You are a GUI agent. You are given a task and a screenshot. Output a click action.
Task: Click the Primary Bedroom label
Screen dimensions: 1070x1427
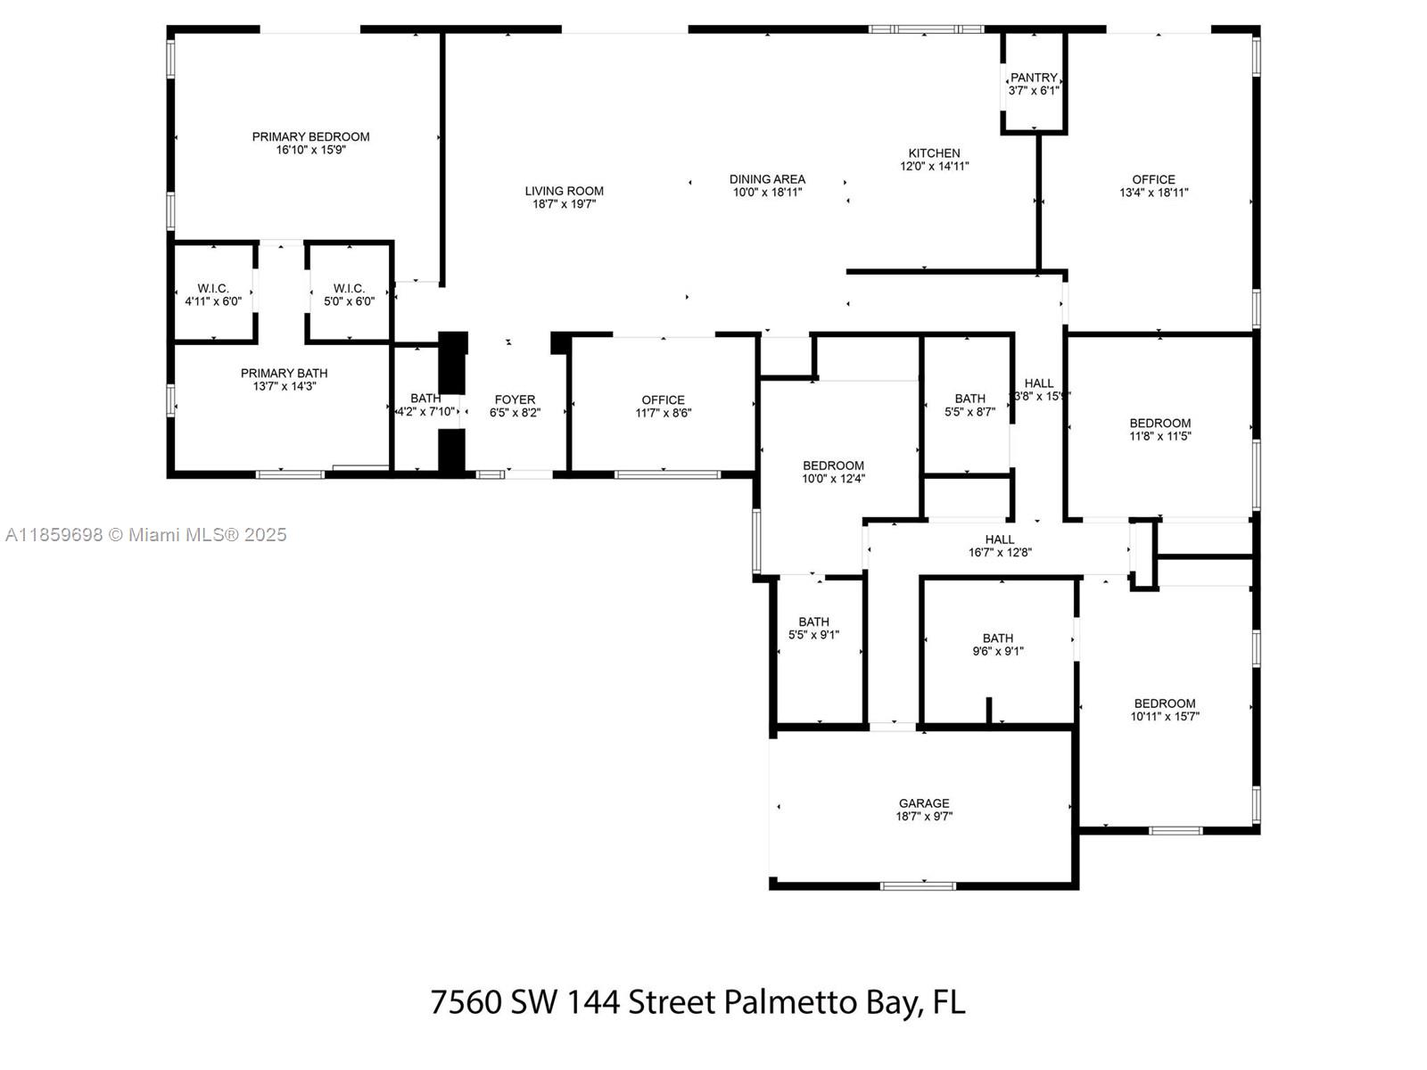coord(310,137)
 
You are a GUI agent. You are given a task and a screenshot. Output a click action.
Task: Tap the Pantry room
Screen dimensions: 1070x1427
coord(1034,84)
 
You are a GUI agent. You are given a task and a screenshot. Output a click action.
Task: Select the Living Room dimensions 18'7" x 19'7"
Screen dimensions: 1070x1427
coord(564,204)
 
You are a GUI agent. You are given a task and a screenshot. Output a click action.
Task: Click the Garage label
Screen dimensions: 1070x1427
coord(924,803)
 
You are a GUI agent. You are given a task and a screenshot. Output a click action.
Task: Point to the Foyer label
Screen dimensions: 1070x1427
coord(515,400)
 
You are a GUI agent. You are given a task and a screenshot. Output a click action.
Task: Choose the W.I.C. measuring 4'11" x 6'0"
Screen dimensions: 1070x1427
coord(213,295)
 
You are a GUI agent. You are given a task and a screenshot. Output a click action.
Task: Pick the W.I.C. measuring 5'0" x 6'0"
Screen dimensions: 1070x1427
coord(349,295)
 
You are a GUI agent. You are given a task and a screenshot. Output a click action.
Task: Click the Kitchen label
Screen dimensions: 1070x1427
coord(934,153)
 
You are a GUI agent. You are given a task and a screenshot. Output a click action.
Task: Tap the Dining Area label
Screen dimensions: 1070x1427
coord(767,179)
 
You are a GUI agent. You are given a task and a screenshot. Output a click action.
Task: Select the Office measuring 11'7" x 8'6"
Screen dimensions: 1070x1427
coord(663,407)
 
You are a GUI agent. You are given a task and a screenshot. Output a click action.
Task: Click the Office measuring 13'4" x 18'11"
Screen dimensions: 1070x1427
coord(1153,185)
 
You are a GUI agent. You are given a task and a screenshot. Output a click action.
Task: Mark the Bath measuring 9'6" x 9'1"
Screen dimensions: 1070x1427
coord(997,645)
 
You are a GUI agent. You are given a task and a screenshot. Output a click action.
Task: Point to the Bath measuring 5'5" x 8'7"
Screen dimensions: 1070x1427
coord(969,406)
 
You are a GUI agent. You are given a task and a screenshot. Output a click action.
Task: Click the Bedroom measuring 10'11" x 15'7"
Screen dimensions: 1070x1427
coord(1164,710)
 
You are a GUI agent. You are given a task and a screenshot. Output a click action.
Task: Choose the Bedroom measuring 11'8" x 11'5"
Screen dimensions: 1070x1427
coord(1159,430)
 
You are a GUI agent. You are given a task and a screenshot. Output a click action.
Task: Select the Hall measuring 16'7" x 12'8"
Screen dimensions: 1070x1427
coord(1000,546)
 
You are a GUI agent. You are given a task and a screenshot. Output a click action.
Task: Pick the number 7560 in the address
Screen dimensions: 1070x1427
coord(466,1002)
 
